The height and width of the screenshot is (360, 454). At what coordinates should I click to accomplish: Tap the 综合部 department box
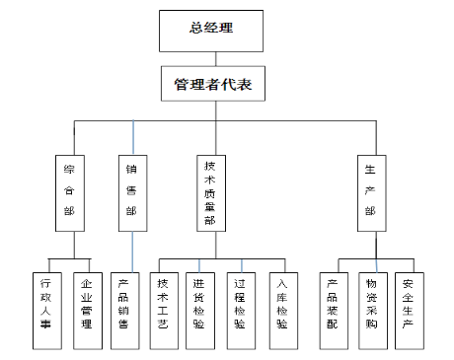(x=68, y=191)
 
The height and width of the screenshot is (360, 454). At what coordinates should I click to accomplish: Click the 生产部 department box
(x=370, y=191)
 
